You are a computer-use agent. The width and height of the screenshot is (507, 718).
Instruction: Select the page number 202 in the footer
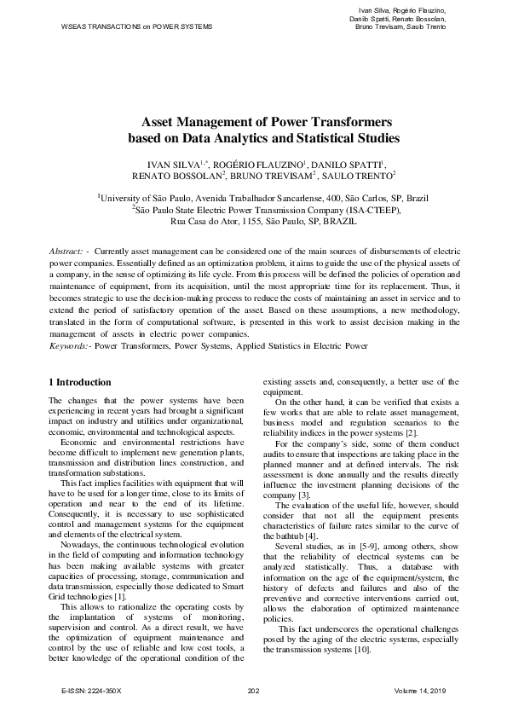(x=253, y=689)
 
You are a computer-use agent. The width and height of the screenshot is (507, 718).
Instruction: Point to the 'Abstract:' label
(x=66, y=252)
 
